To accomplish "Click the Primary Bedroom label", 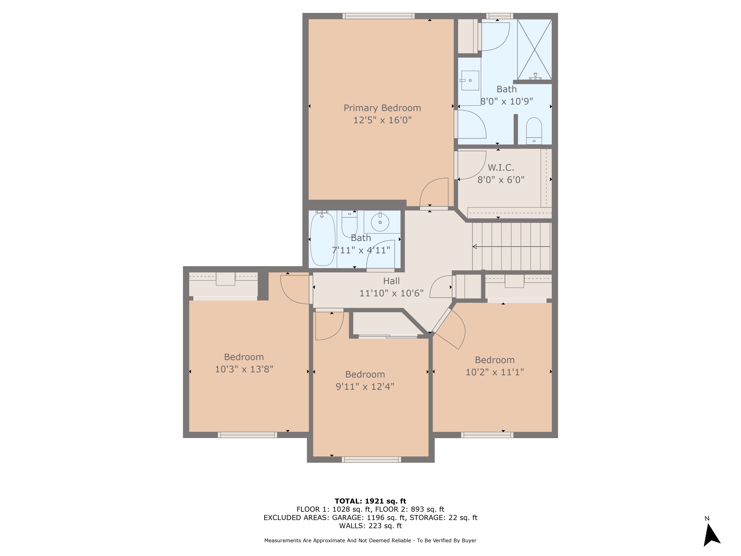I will [x=382, y=108].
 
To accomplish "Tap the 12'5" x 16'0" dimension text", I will [x=382, y=120].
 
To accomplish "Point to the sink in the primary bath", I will [x=470, y=80].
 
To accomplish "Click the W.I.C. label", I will [x=501, y=168].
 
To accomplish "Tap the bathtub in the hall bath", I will [x=323, y=239].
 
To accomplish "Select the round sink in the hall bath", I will [x=380, y=222].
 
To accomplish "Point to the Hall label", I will [x=391, y=281].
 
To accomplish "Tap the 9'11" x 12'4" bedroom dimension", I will [x=365, y=386].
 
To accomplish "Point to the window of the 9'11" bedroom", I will [x=371, y=459].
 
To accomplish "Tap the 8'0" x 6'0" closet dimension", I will [x=501, y=180].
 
